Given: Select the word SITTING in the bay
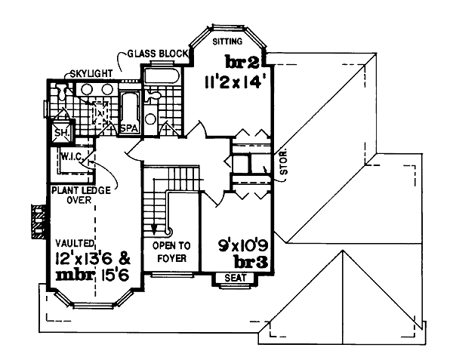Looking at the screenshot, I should tap(228, 41).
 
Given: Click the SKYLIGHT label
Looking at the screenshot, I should tap(91, 73).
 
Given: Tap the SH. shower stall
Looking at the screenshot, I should tap(59, 135).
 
